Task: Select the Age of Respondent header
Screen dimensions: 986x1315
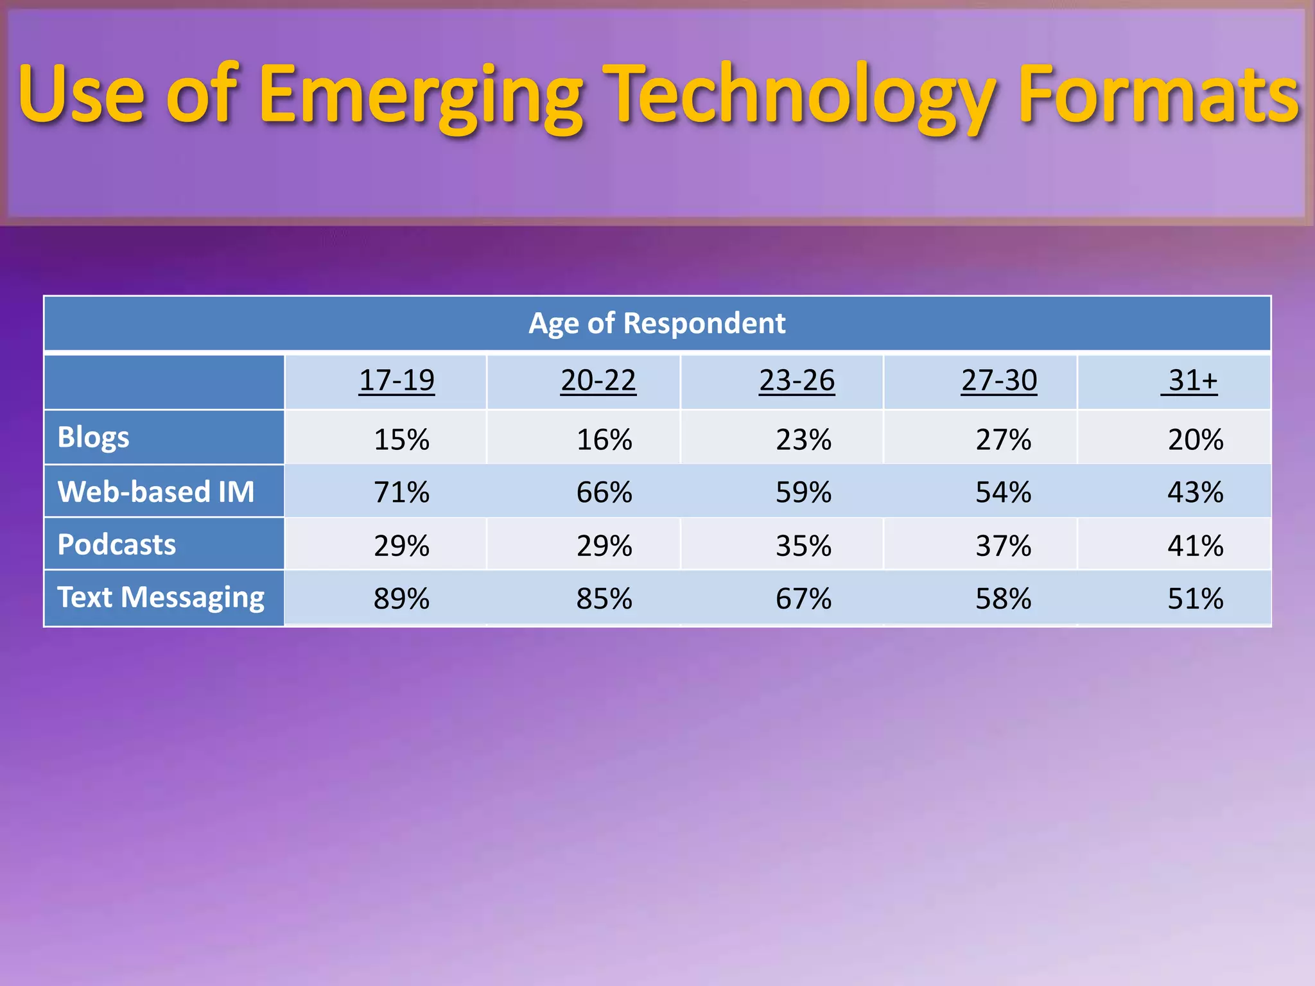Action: [657, 323]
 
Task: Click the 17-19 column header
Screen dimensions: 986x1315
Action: [397, 380]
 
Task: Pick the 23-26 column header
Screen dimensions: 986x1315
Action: [797, 380]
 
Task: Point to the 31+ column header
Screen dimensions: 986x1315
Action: [1192, 380]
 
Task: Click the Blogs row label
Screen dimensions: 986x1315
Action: [94, 437]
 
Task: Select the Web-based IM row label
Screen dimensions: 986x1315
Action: [156, 492]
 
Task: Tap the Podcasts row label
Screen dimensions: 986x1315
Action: [117, 544]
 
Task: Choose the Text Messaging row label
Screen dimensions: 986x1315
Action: [161, 597]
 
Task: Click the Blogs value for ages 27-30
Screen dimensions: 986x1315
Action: [1003, 440]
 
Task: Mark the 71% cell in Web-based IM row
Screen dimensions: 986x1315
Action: [401, 492]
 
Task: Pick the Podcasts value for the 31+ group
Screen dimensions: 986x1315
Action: [1195, 546]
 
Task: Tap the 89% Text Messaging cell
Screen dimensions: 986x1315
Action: [401, 598]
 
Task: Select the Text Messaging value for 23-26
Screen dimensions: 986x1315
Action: [803, 598]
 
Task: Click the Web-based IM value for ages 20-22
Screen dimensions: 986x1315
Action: [604, 492]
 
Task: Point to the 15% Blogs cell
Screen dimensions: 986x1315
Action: [401, 440]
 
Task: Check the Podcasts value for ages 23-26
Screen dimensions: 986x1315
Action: [803, 546]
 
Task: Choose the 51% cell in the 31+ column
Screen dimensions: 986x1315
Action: [1195, 598]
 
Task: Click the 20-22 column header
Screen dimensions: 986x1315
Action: [598, 380]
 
